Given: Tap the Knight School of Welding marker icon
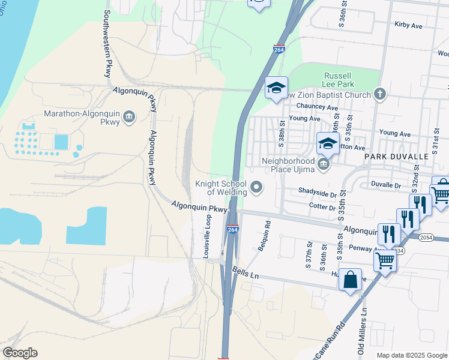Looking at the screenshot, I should click(257, 188).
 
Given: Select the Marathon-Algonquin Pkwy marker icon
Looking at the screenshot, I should click(129, 118).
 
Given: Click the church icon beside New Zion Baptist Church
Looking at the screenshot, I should click(379, 94).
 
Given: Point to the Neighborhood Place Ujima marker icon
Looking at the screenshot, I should click(324, 164).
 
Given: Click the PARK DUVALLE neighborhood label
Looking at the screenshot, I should click(396, 156).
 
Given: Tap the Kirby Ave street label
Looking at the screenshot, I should click(408, 26).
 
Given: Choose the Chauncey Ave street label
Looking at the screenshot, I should click(320, 107).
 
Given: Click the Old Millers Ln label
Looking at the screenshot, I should click(363, 331).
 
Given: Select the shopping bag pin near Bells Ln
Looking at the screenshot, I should click(351, 280).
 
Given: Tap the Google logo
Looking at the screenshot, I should click(20, 353).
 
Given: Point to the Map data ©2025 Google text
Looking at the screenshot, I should click(411, 355).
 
